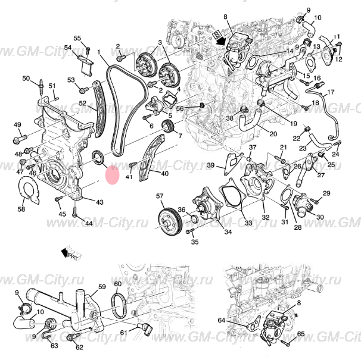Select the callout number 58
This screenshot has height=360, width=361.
pos(21,209)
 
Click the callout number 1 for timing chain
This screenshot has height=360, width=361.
pos(100,52)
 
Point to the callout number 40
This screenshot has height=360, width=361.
pos(164,174)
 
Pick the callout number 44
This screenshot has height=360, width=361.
pos(88,223)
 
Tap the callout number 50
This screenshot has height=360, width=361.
pos(26,79)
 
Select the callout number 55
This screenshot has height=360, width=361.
pos(77,38)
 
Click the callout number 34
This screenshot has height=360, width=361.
pos(211,233)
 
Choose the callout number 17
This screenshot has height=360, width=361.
pos(331,92)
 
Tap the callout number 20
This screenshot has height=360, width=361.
pos(273,133)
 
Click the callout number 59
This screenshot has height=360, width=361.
pos(102,287)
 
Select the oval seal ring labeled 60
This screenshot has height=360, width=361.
pos(119,307)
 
